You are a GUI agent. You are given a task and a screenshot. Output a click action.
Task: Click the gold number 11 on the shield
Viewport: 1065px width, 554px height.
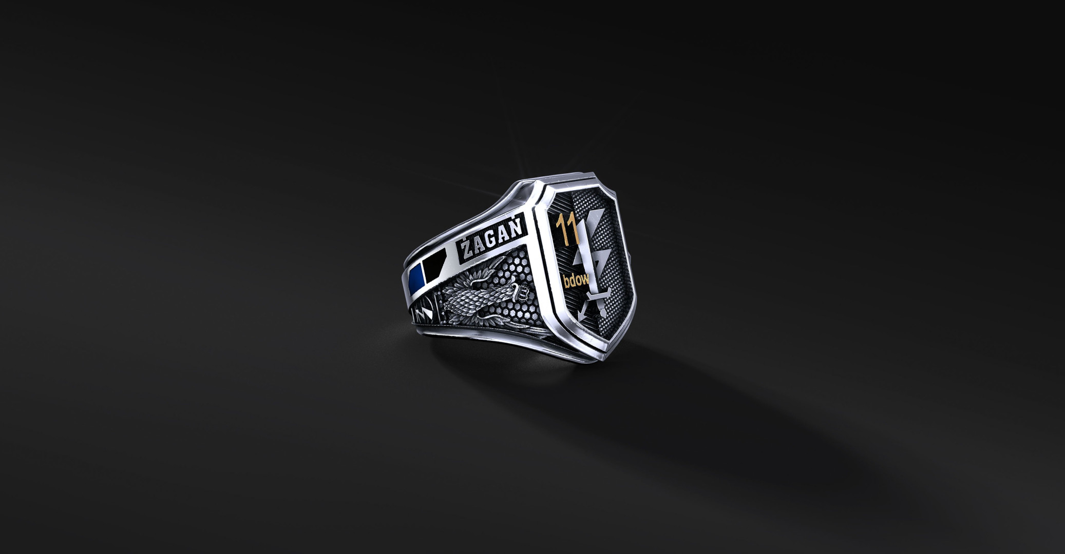point(567,228)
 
